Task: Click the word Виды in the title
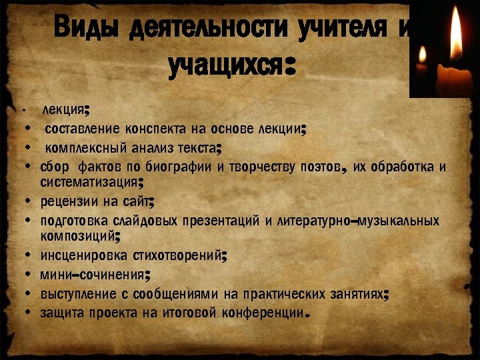click(x=86, y=28)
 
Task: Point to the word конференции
click(x=263, y=312)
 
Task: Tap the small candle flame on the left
click(x=421, y=57)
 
